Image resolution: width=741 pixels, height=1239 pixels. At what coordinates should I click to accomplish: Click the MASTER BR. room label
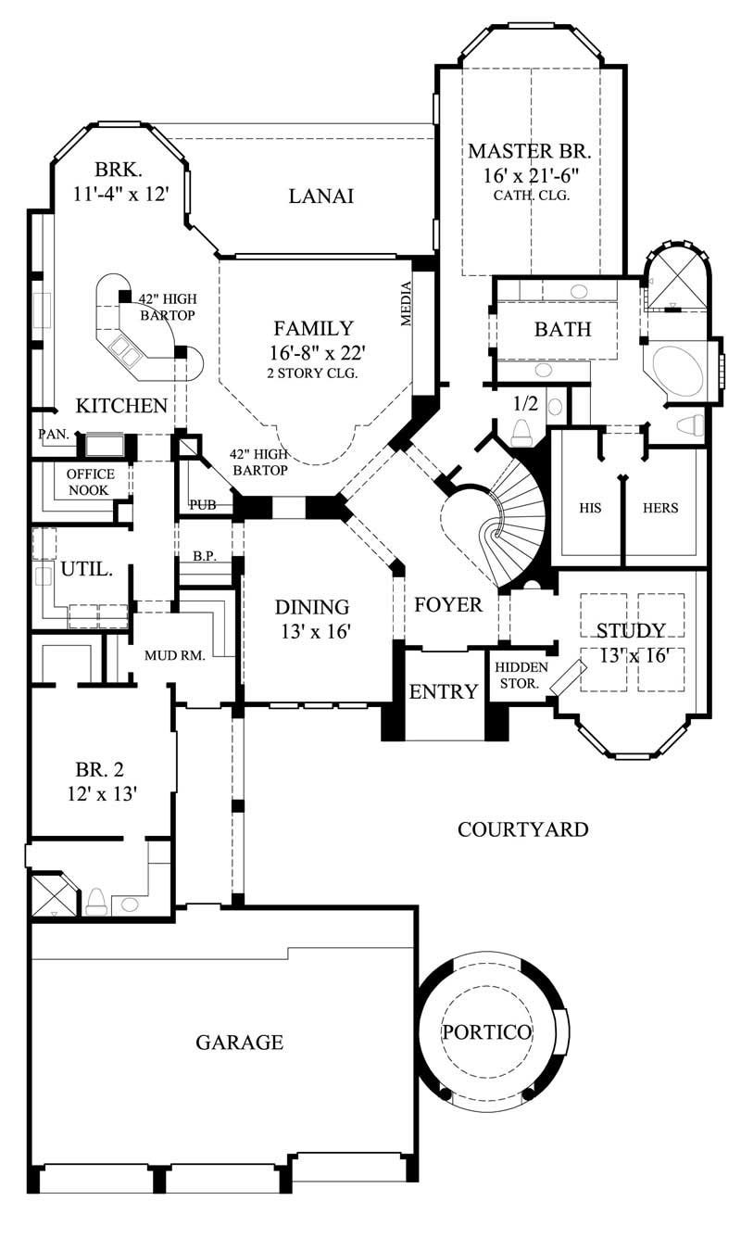[x=529, y=151]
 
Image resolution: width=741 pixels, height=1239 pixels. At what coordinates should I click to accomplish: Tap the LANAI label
[x=321, y=196]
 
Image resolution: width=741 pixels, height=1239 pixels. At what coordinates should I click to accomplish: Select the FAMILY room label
[x=313, y=328]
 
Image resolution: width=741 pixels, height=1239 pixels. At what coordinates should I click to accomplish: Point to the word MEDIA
[x=405, y=304]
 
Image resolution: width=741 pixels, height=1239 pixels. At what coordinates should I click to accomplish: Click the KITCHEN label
[x=121, y=406]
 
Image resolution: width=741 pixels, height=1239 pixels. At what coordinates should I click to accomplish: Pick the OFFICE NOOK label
[x=91, y=482]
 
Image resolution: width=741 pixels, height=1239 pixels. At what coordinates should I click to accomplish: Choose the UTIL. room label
[x=86, y=569]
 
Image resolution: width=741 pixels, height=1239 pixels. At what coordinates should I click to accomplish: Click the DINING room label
[x=312, y=608]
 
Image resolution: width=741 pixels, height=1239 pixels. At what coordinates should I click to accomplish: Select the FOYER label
[x=448, y=605]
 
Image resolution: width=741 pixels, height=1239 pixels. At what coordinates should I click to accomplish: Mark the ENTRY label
[x=444, y=691]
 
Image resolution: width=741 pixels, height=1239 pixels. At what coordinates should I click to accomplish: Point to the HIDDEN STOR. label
[x=521, y=675]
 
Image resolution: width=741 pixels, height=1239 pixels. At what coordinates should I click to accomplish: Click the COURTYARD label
[x=522, y=829]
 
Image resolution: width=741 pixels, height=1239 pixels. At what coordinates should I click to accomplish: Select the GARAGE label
[x=239, y=1043]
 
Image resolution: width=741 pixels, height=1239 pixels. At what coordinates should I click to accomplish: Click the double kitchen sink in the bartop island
[x=124, y=350]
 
